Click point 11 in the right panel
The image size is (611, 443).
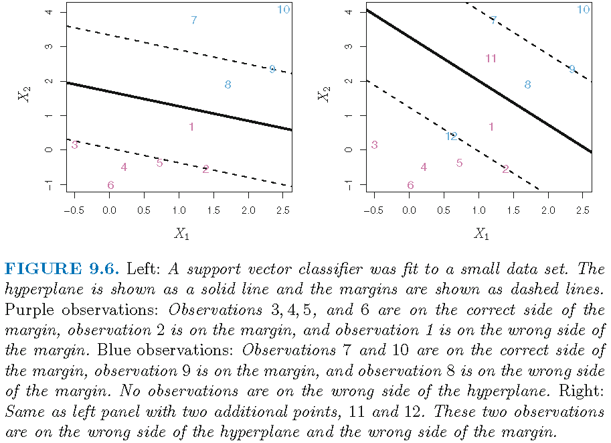tap(491, 59)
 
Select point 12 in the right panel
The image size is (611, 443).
tap(451, 137)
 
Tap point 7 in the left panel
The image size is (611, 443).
tap(193, 21)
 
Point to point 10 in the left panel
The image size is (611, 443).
tap(283, 9)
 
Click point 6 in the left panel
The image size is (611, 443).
tap(110, 186)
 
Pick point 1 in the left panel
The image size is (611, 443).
tap(191, 127)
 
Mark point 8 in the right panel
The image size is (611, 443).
tap(527, 85)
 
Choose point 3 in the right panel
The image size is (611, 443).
tap(374, 145)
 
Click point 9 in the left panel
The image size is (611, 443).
tap(272, 70)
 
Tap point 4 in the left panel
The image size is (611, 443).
tap(124, 168)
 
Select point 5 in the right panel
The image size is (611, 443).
tap(459, 163)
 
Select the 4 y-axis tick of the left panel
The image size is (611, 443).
tap(58, 12)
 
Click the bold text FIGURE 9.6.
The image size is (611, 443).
tap(62, 269)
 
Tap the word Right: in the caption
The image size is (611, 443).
tap(584, 391)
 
